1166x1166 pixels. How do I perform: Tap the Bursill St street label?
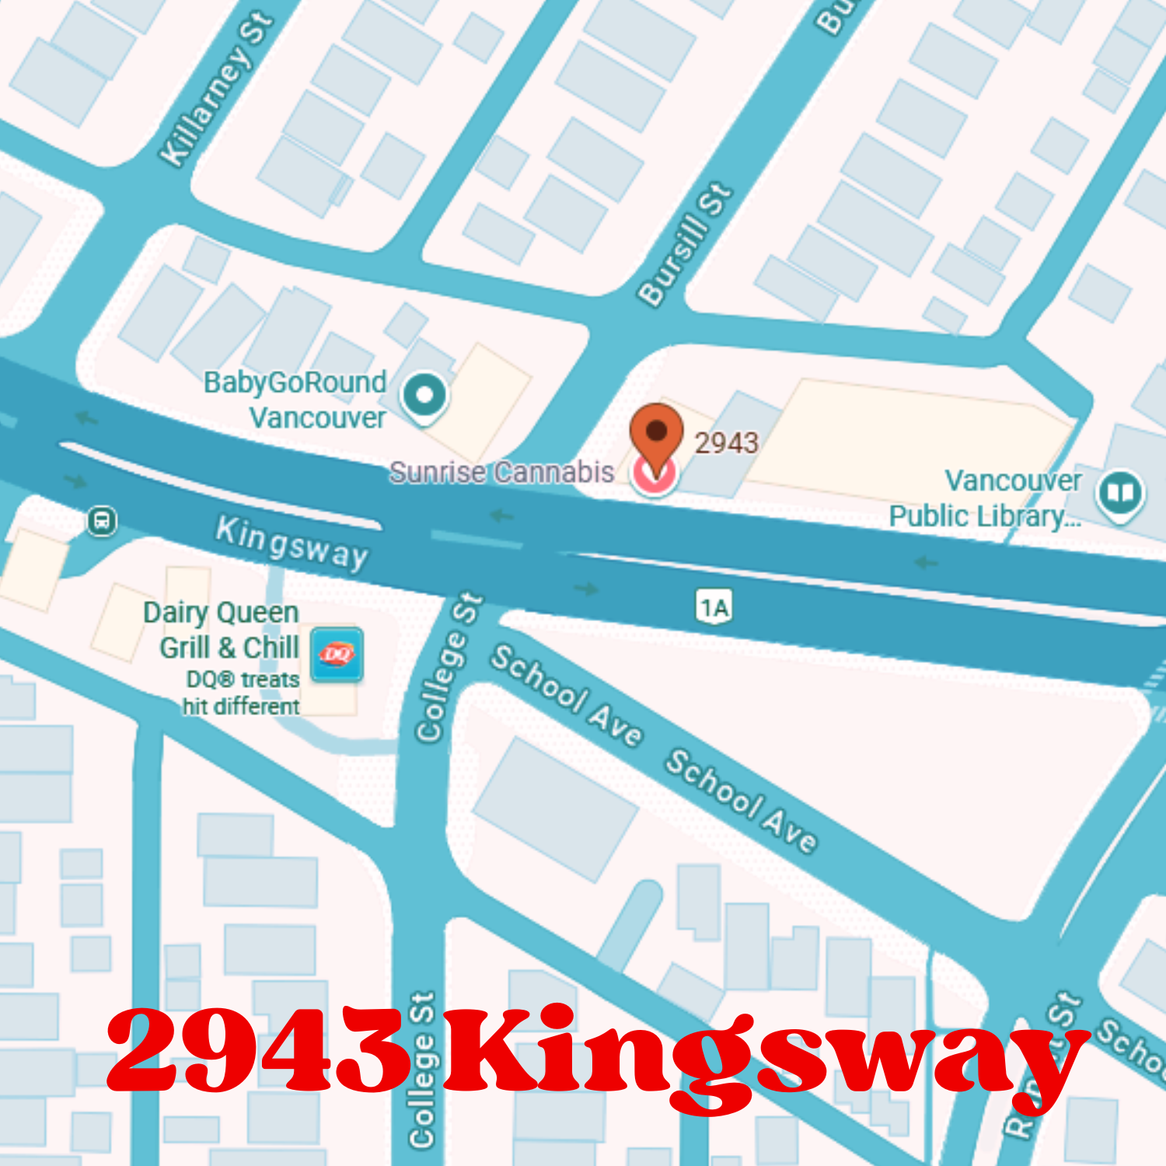coord(685,244)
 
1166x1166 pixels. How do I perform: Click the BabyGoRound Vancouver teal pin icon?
coord(424,396)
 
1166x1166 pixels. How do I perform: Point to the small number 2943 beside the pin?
coord(726,443)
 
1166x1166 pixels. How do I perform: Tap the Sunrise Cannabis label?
coord(501,472)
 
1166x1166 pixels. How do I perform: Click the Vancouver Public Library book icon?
coord(1119,493)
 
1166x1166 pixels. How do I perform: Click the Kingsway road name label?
coord(291,542)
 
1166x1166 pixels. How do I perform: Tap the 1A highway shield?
coord(714,607)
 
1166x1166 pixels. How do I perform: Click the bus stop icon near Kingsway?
coord(102,520)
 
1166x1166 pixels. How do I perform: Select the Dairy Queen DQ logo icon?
coord(337,655)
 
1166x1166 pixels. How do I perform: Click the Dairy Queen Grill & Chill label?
coord(222,630)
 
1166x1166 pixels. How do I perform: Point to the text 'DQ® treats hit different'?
coord(241,693)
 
